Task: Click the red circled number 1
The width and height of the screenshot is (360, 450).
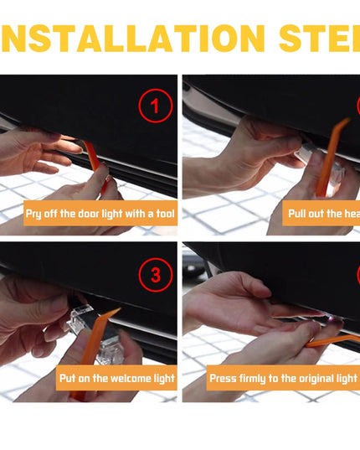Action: coord(155,106)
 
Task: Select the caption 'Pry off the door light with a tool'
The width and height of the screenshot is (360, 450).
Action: coord(100,214)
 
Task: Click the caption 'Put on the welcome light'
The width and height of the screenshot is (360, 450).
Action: coord(116,378)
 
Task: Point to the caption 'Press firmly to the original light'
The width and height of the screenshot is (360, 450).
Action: coord(282,378)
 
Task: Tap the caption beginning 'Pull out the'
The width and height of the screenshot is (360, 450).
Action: coord(323,214)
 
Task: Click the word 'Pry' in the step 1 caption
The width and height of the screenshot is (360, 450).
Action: coord(35,214)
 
